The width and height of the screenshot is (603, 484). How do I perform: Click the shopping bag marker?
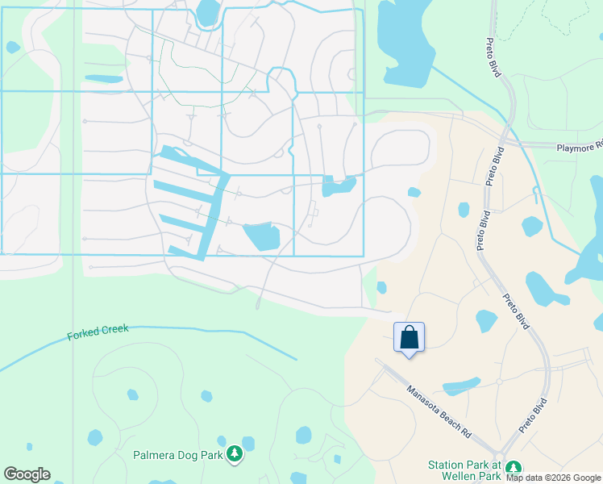click(409, 336)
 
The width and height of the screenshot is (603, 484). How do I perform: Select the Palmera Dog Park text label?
click(177, 456)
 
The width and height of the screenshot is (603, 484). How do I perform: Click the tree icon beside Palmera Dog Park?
click(235, 455)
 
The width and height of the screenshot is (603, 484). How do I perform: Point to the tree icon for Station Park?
click(514, 469)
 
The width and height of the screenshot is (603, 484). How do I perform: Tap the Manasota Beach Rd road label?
click(439, 411)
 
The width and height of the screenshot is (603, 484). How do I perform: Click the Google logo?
click(27, 474)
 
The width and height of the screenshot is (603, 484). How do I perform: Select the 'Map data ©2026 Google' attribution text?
click(554, 478)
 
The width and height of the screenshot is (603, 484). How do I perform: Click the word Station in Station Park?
click(445, 465)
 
